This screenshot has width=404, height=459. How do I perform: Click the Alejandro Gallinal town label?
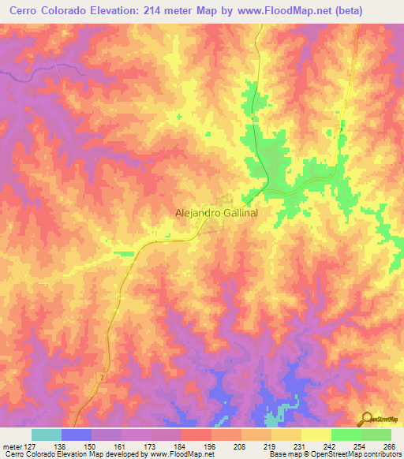pyautogui.click(x=215, y=213)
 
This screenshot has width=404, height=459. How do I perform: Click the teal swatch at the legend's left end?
pyautogui.click(x=47, y=435)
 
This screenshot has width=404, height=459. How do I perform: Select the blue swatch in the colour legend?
pyautogui.click(x=77, y=435)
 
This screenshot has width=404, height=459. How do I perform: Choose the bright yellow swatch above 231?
pyautogui.click(x=316, y=435)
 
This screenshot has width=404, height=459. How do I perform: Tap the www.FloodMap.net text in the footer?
pyautogui.click(x=181, y=454)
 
